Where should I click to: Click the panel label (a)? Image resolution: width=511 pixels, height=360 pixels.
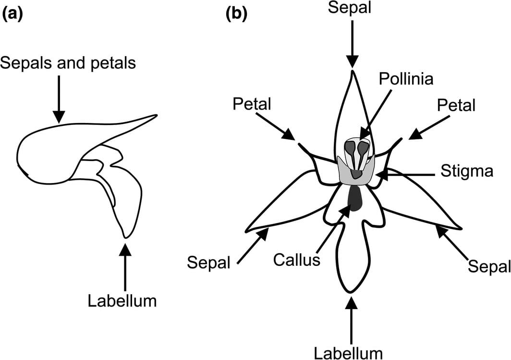point(12,14)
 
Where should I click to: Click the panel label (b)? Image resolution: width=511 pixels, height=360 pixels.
point(236,14)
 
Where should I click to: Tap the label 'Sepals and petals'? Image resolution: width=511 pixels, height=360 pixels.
point(68,63)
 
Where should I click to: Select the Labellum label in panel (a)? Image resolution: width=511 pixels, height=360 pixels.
point(122,301)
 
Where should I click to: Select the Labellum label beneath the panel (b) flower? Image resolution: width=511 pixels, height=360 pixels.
point(349,352)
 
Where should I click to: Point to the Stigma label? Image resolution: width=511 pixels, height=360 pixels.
point(467,171)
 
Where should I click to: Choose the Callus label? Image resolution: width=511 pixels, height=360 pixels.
point(296,260)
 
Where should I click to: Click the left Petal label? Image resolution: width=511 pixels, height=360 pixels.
point(252,104)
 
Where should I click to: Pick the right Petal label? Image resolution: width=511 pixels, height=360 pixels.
point(456,105)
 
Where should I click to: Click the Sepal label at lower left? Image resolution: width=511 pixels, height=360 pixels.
point(209,262)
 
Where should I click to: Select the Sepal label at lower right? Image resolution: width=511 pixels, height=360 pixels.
point(489,265)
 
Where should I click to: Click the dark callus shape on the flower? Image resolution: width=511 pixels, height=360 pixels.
point(355,198)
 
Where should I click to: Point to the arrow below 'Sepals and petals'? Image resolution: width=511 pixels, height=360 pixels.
point(59,99)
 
